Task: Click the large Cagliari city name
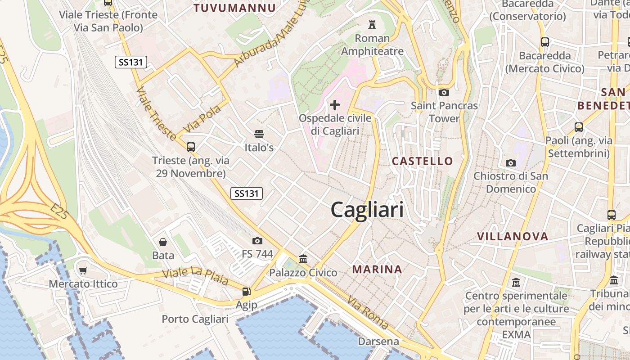(367, 210)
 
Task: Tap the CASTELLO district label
(422, 161)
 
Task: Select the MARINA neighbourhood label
(377, 270)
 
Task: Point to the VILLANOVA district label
(513, 237)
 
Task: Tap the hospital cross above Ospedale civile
(335, 105)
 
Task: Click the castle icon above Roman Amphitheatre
(372, 24)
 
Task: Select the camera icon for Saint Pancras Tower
(444, 93)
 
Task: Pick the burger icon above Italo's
(259, 134)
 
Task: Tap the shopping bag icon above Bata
(163, 242)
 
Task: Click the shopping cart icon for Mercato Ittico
(83, 270)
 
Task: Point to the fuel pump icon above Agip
(246, 292)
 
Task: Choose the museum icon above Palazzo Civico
(303, 259)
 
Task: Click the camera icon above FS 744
(257, 241)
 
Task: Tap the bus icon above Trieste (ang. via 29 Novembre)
(191, 147)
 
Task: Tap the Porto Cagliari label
(195, 319)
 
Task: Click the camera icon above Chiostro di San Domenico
(511, 163)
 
